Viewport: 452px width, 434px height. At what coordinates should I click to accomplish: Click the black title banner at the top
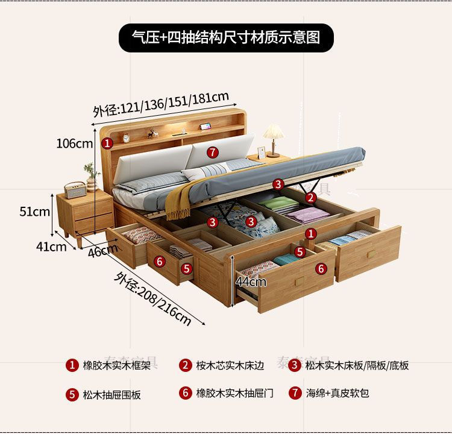coord(225,37)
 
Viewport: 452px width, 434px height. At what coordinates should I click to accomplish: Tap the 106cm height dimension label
coord(75,143)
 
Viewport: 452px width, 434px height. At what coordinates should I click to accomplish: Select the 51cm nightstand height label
coord(35,212)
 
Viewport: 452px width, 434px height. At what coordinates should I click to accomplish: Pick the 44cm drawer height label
coord(251,281)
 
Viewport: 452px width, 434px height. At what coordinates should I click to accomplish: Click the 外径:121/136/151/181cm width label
coord(161,104)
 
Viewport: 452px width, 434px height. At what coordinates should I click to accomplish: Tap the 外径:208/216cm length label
coord(153,298)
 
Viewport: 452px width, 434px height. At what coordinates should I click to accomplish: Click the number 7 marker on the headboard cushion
coord(212,151)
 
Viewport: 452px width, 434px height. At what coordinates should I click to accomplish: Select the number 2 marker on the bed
coord(310,197)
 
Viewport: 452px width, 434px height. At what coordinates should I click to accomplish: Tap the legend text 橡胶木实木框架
coord(111,365)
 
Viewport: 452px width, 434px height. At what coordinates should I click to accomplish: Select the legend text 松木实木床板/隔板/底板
coord(357,365)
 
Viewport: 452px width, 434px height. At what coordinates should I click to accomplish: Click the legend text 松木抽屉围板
coord(111,395)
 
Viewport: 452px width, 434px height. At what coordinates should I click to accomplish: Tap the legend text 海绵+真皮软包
coord(337,394)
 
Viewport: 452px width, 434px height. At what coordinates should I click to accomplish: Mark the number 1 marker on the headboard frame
coord(107,143)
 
